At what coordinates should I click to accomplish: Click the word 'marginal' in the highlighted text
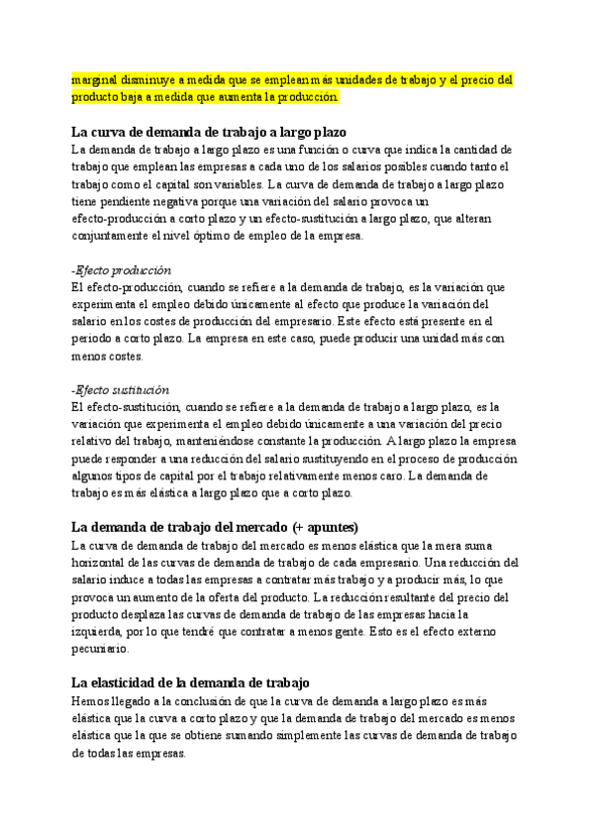pyautogui.click(x=95, y=79)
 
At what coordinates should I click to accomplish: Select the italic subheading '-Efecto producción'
pyautogui.click(x=122, y=270)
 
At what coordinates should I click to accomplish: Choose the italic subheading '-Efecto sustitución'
pyautogui.click(x=121, y=390)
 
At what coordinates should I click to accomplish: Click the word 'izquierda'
pyautogui.click(x=102, y=632)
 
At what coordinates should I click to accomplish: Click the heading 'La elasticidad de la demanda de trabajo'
pyautogui.click(x=191, y=682)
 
